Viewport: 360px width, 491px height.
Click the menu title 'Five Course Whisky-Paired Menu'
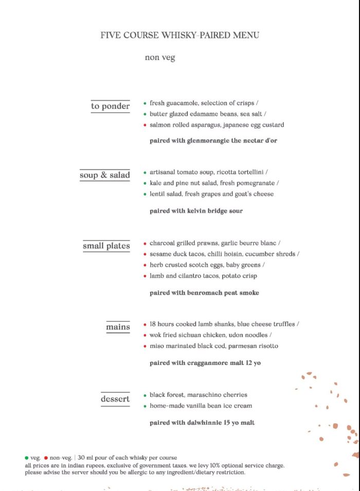180,35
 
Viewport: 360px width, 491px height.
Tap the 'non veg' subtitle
160,58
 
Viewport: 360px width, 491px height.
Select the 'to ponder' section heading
111,106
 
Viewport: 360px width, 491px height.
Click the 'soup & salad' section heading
105,175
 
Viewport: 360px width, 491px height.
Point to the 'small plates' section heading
106,246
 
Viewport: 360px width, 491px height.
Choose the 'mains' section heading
118,327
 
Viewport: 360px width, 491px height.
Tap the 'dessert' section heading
115,399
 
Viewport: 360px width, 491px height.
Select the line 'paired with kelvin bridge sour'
196,211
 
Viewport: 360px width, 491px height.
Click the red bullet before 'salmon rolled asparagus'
145,125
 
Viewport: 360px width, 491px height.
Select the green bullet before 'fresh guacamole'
145,103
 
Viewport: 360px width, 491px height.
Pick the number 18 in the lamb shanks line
153,324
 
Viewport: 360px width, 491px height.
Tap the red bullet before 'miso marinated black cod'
145,347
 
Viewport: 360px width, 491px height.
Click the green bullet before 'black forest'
145,395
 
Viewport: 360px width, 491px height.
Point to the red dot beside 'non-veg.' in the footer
46,458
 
